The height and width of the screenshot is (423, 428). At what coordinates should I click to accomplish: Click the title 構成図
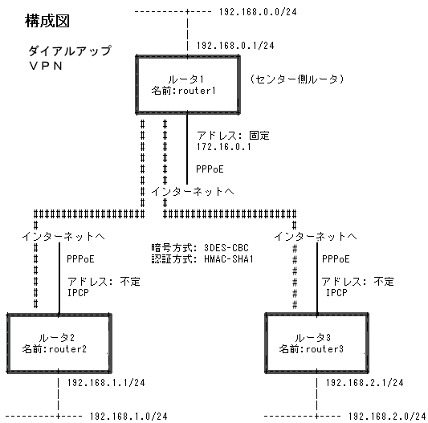pyautogui.click(x=47, y=21)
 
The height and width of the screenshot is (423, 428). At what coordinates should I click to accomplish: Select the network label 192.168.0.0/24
pyautogui.click(x=258, y=12)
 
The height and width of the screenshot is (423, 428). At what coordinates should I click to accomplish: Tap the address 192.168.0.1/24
pyautogui.click(x=235, y=45)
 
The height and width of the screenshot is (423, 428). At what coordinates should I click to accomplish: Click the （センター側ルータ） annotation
pyautogui.click(x=296, y=79)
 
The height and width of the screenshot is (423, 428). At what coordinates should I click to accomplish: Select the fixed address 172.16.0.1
pyautogui.click(x=223, y=147)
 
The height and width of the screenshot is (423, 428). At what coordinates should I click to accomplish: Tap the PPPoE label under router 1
pyautogui.click(x=210, y=169)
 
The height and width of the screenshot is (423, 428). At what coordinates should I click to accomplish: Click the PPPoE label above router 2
pyautogui.click(x=80, y=259)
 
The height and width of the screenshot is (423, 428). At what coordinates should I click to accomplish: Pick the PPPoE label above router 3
pyautogui.click(x=336, y=259)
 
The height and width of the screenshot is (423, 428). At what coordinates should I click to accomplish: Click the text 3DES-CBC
pyautogui.click(x=226, y=248)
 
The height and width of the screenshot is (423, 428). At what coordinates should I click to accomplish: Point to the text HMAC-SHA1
pyautogui.click(x=229, y=259)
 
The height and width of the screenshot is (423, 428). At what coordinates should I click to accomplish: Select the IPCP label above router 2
pyautogui.click(x=78, y=292)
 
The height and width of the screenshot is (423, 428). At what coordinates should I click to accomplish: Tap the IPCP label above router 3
pyautogui.click(x=336, y=292)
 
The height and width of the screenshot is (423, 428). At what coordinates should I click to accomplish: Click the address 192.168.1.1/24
pyautogui.click(x=106, y=383)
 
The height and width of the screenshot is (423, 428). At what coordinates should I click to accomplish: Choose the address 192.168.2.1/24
pyautogui.click(x=365, y=383)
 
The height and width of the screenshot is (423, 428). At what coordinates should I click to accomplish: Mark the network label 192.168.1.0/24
pyautogui.click(x=128, y=416)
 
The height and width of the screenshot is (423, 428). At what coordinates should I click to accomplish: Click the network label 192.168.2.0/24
pyautogui.click(x=387, y=416)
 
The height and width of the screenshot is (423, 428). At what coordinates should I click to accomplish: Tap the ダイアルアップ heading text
pyautogui.click(x=70, y=51)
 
